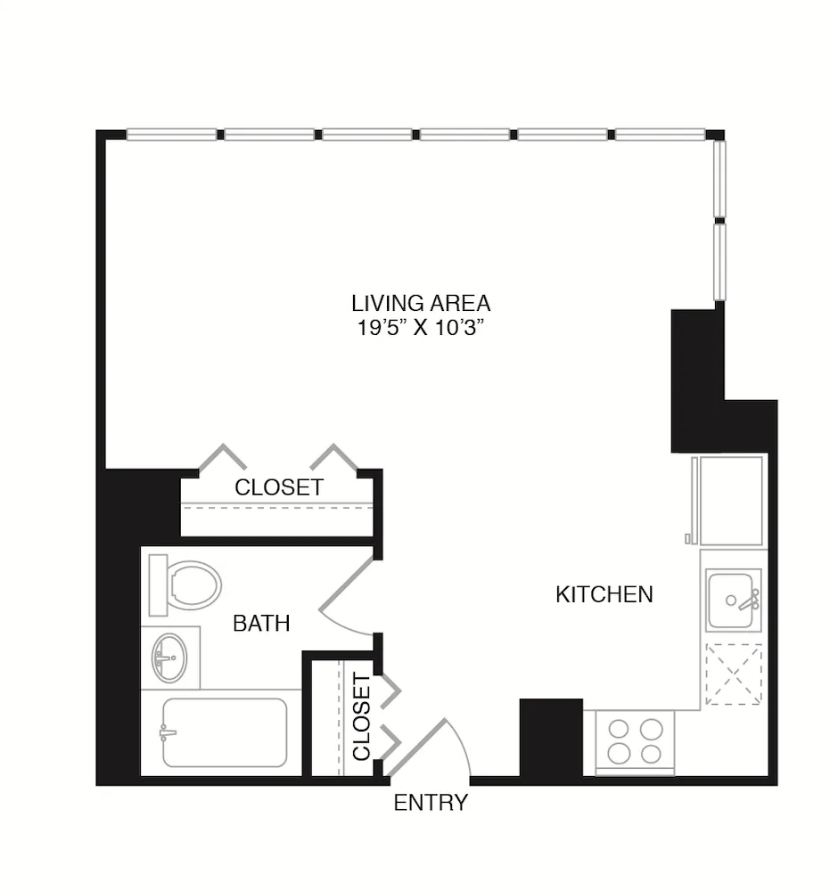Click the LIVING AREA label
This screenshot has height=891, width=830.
[421, 303]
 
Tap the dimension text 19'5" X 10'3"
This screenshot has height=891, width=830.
[421, 327]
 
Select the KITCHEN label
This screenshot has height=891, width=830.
[604, 594]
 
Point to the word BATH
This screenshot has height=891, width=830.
[261, 624]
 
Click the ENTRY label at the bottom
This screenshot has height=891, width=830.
[431, 804]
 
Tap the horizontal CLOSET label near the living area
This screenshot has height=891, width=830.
[279, 487]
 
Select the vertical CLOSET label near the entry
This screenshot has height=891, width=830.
[361, 717]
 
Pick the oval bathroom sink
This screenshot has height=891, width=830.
[169, 657]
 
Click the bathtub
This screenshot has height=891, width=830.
[225, 732]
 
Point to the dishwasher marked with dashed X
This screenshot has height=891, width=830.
[734, 674]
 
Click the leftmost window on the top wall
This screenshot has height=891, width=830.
[171, 135]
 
